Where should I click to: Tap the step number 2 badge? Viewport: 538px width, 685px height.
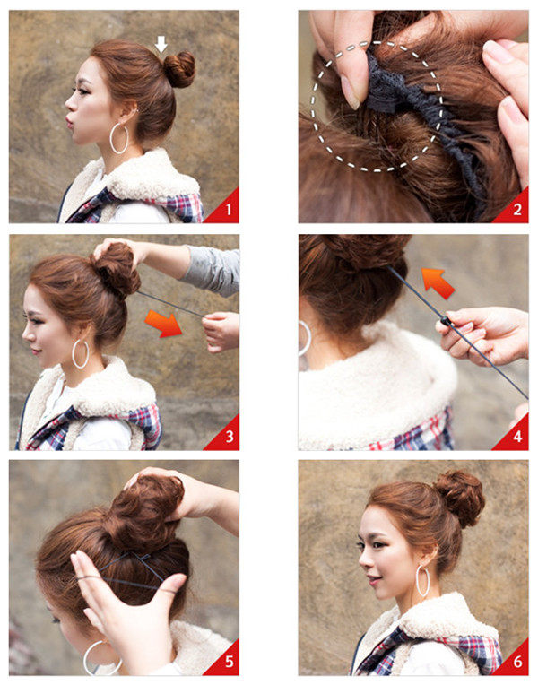point(516,210)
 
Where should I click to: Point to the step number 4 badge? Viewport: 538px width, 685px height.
point(516,437)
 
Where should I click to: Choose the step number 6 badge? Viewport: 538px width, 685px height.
point(516,663)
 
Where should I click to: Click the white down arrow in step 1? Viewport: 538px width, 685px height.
point(161,43)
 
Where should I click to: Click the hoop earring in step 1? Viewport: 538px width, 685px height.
point(119,138)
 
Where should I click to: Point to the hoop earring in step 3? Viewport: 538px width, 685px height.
point(81,353)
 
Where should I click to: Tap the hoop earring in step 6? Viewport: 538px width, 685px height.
point(422,581)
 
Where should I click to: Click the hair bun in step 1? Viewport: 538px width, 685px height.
point(179,69)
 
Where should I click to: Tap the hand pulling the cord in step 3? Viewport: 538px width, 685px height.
point(220,332)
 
